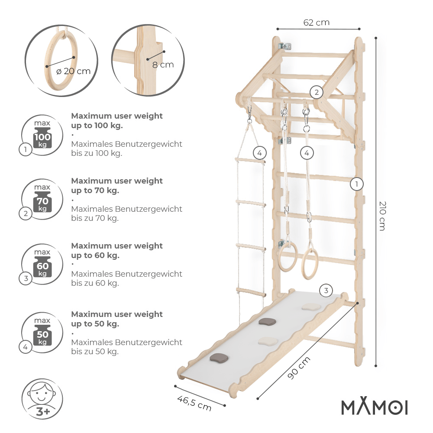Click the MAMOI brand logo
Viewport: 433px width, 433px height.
(x=375, y=407)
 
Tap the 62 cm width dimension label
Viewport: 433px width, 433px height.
(x=317, y=23)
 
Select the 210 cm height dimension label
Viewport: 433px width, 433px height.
(x=382, y=215)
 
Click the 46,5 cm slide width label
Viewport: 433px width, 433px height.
(x=194, y=403)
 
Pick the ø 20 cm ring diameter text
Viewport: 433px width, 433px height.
(x=74, y=71)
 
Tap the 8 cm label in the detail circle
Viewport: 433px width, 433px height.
(x=163, y=65)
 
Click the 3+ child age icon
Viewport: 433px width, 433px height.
(x=42, y=399)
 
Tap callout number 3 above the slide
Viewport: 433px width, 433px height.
(x=326, y=291)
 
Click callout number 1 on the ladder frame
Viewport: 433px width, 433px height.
(x=356, y=184)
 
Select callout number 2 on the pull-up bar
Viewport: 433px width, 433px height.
(x=317, y=92)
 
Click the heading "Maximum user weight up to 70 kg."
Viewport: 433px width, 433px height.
(x=117, y=185)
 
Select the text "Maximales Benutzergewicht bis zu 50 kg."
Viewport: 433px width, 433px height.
(x=126, y=347)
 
